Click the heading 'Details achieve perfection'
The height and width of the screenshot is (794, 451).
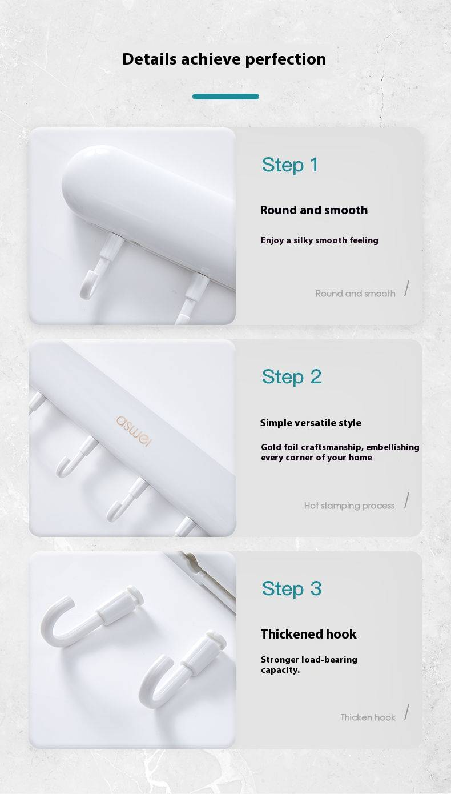(224, 59)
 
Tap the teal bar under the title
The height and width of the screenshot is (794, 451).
(226, 97)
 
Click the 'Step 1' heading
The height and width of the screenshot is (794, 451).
(290, 165)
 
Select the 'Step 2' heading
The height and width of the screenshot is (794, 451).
(291, 376)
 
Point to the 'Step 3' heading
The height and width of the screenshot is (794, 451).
(291, 588)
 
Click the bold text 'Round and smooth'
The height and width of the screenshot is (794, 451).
(313, 210)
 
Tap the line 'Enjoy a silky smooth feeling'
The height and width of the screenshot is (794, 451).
(319, 240)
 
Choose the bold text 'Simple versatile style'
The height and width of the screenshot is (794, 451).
(310, 423)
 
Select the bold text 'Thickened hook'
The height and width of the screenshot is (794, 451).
(308, 634)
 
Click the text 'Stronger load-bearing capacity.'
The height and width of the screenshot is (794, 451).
(309, 664)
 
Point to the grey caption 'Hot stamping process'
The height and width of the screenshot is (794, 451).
(349, 506)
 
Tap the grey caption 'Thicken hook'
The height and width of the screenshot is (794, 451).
(368, 717)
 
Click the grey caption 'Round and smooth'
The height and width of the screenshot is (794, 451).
(355, 294)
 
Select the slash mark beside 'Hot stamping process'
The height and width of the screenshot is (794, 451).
(406, 501)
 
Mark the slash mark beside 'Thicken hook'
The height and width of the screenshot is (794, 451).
(406, 713)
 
